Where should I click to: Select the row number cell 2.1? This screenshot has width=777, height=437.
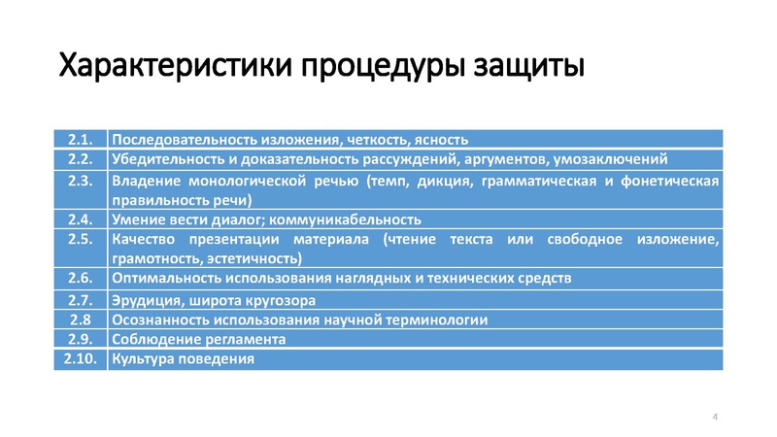coord(80,140)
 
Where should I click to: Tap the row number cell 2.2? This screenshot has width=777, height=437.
coord(80,158)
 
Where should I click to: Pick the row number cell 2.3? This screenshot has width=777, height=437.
coord(80,181)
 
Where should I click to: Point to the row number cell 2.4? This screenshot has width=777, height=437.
coord(80,218)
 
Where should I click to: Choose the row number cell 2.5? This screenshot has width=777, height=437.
coord(80,239)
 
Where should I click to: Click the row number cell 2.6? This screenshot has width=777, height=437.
coord(80,278)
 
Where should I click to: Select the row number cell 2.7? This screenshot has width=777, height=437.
coord(80,299)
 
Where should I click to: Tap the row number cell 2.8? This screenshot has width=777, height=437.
coord(80,319)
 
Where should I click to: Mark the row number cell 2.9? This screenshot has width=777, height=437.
coord(80,339)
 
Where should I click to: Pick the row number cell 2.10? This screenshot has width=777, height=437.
coord(80,359)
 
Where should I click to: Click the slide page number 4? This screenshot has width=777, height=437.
coord(716,417)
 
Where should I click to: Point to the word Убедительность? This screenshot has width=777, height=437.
coord(163,159)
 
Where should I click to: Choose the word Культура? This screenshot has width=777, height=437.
coord(143,359)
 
